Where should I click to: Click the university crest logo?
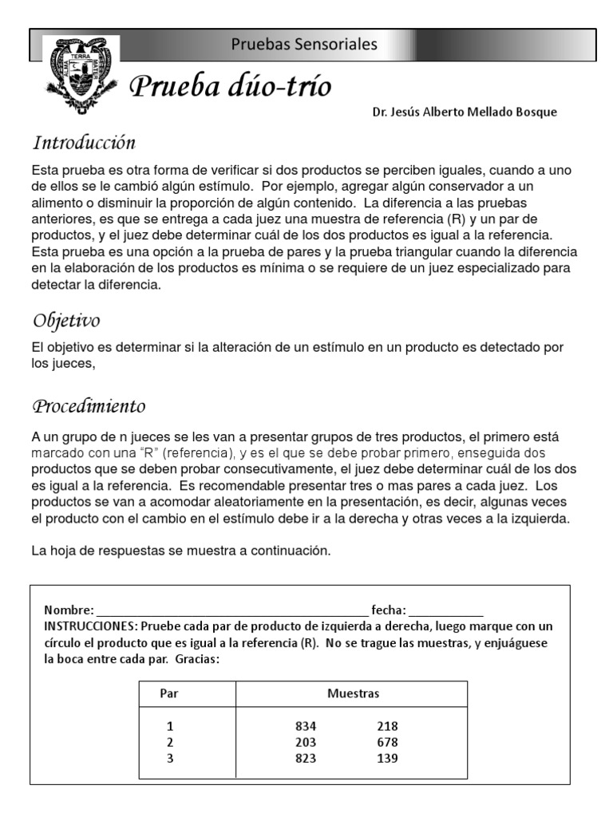(x=81, y=77)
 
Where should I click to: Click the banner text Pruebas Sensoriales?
(x=304, y=45)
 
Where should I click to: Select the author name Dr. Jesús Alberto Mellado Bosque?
(x=465, y=112)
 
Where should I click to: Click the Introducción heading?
(x=84, y=144)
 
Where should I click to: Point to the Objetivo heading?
(x=66, y=321)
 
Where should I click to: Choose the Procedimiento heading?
(x=89, y=406)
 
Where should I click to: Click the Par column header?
(x=169, y=693)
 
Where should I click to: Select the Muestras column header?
(x=353, y=693)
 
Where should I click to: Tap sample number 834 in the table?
(x=306, y=726)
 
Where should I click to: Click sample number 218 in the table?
(x=387, y=726)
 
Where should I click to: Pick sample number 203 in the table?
(x=306, y=742)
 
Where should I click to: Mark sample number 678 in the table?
(x=387, y=742)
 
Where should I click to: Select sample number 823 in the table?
(x=306, y=758)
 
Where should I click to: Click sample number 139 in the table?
(x=387, y=758)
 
